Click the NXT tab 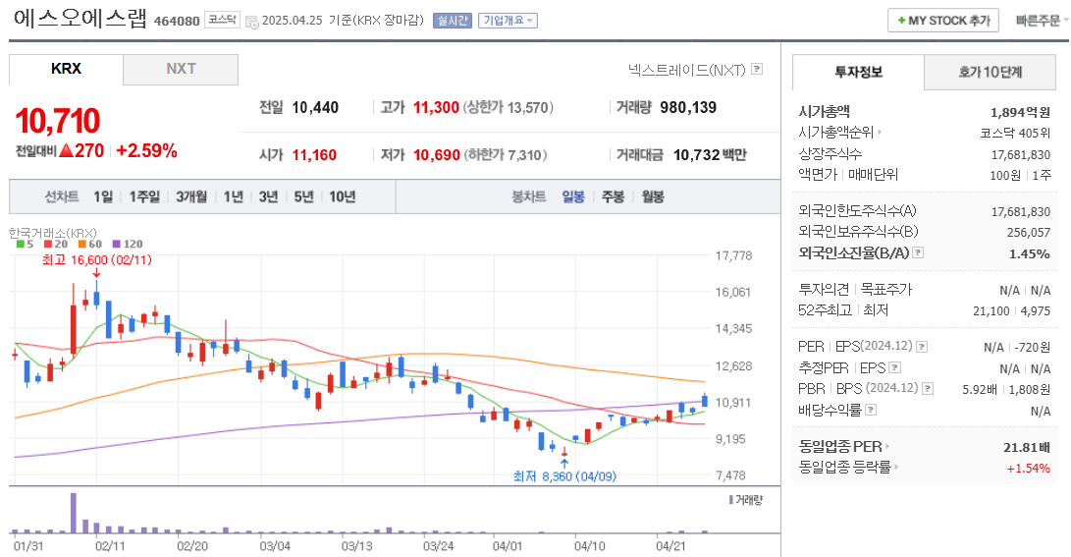click(181, 69)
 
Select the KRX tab click(66, 69)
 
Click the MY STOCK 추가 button click(943, 20)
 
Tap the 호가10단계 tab click(990, 72)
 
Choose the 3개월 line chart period click(191, 196)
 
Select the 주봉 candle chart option click(613, 196)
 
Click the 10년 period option click(343, 196)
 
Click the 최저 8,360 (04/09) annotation click(564, 475)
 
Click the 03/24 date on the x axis click(437, 544)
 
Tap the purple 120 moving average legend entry click(128, 244)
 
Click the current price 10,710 click(58, 121)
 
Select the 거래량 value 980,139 click(688, 107)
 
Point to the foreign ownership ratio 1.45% click(1030, 252)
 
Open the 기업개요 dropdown click(508, 21)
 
